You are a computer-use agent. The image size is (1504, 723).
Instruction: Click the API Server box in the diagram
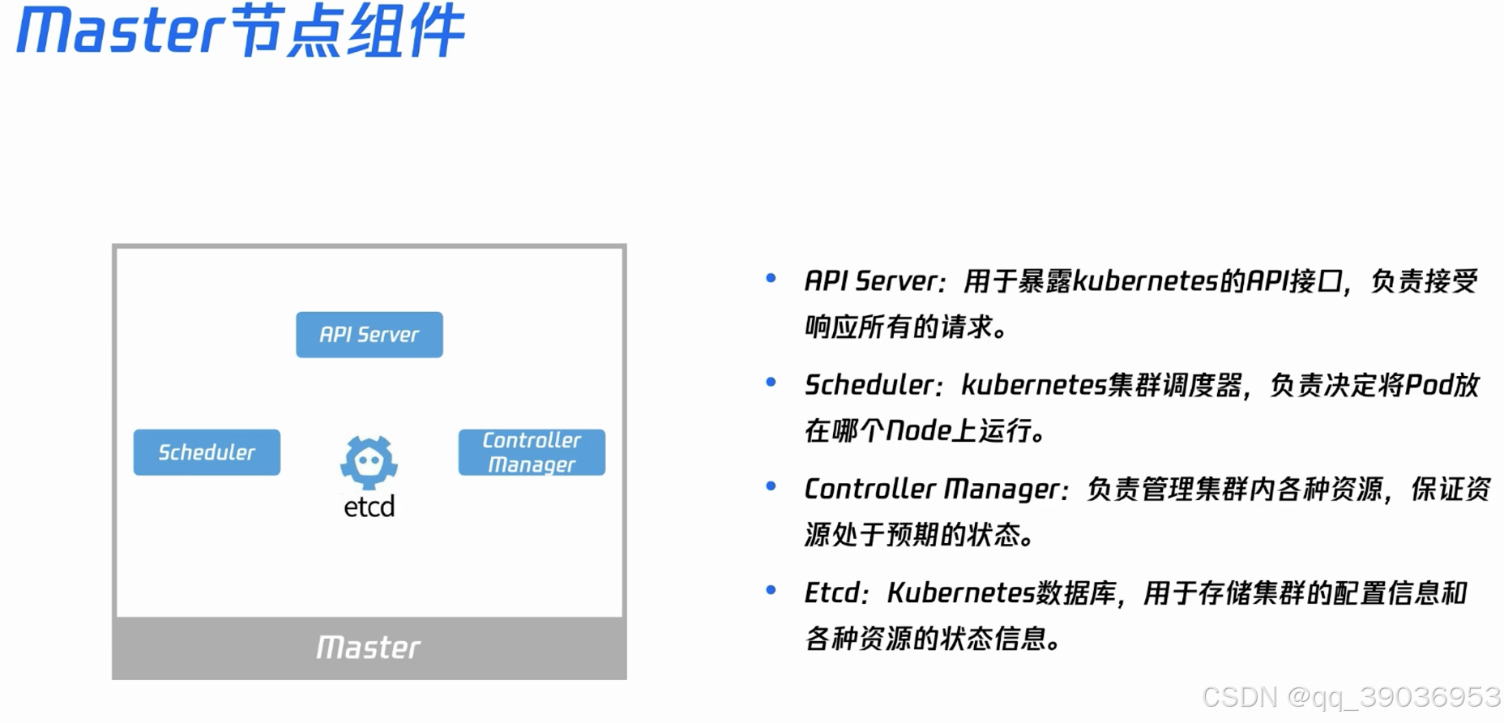[369, 335]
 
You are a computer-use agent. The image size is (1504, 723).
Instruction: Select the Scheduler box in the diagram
[207, 452]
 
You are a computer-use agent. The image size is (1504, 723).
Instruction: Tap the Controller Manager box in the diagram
[532, 452]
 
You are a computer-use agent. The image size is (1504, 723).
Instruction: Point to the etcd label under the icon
[369, 507]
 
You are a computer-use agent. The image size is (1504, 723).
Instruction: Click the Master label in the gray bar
[369, 648]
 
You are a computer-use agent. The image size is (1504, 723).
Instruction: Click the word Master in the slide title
[120, 31]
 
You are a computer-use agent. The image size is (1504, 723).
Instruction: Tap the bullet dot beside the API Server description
[771, 279]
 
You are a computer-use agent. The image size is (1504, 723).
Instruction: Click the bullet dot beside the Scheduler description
[771, 383]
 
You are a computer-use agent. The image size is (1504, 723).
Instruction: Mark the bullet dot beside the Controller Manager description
[771, 486]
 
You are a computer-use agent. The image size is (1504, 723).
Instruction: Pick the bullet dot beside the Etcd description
[771, 590]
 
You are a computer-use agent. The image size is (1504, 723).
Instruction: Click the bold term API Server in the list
[870, 281]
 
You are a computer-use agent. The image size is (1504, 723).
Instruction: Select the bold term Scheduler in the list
[869, 385]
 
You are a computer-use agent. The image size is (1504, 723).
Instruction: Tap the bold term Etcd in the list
[831, 593]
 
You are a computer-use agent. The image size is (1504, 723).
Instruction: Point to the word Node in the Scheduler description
[918, 430]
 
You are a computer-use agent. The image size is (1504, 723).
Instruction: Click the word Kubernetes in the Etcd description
[961, 593]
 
